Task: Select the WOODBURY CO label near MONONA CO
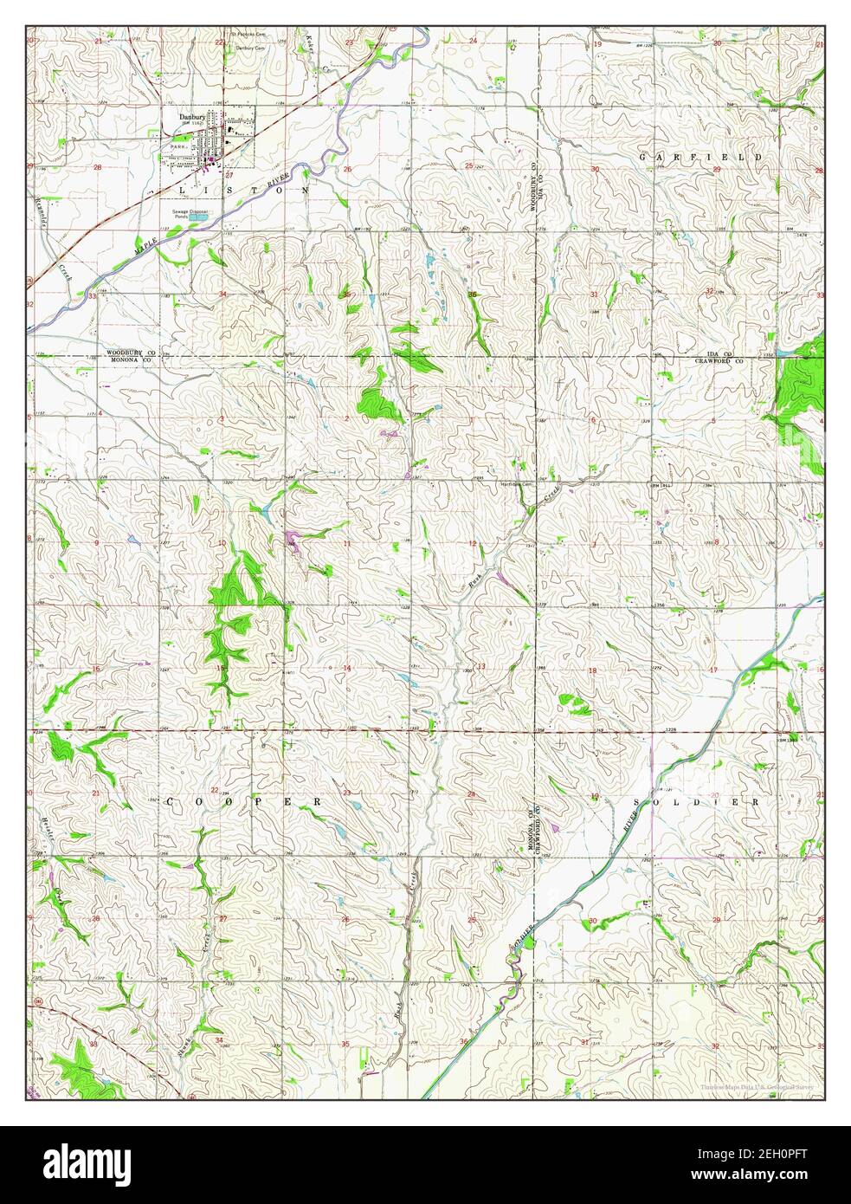(130, 353)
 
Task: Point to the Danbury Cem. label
(245, 49)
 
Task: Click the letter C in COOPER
(170, 802)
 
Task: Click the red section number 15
(220, 668)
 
